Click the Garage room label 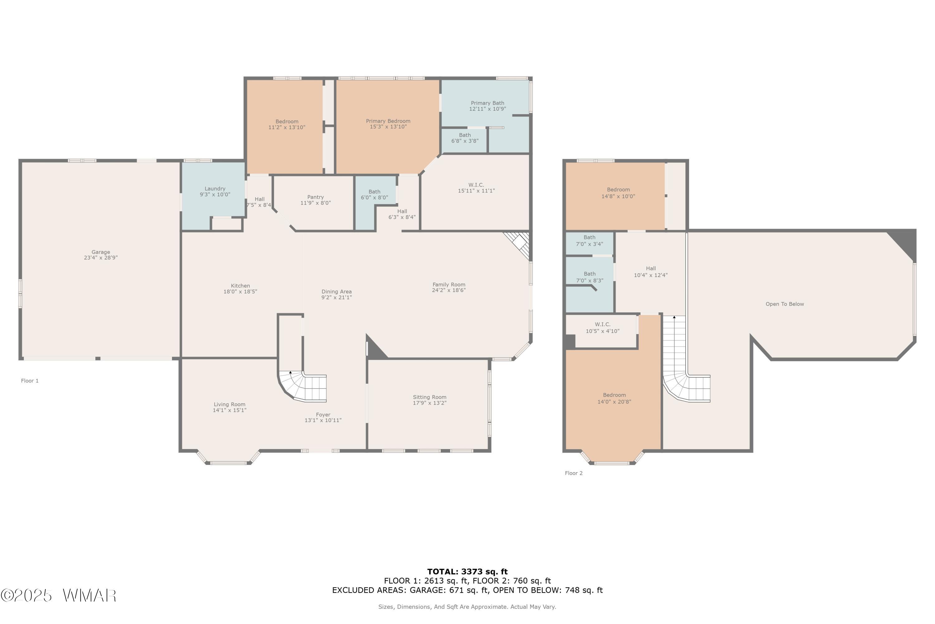point(101,252)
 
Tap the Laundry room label point(215,189)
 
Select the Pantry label point(316,197)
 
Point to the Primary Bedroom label point(388,121)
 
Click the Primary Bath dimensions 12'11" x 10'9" point(487,109)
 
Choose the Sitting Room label point(430,397)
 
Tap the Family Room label point(449,285)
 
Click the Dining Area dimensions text point(337,297)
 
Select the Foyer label point(323,415)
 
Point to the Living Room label point(229,404)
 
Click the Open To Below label point(785,304)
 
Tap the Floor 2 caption point(574,473)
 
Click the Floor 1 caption point(30,381)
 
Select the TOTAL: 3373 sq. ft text point(467,572)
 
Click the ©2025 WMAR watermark point(59,596)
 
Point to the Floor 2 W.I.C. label point(603,324)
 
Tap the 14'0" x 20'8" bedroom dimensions point(614,402)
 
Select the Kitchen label point(241,286)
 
